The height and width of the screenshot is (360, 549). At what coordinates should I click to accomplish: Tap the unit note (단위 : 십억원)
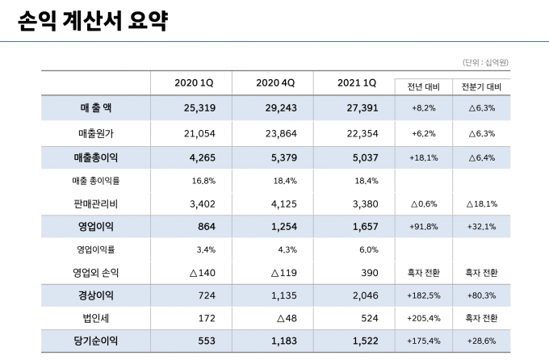(x=491, y=62)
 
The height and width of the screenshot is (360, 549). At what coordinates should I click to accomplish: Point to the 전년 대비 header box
(x=423, y=86)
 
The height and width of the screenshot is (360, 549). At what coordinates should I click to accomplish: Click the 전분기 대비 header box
(x=481, y=86)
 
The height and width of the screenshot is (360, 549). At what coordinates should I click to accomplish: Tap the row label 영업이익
(x=96, y=226)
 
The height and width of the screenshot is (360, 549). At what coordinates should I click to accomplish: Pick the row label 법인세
(x=96, y=319)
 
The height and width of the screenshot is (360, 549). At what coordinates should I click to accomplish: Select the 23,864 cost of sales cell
(x=275, y=133)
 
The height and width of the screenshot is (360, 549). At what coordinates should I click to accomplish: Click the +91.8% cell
(x=423, y=226)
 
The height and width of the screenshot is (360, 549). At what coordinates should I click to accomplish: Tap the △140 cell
(x=194, y=273)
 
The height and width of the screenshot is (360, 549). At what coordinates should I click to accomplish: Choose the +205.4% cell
(x=423, y=319)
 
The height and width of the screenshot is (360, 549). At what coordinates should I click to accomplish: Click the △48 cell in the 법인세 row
(x=275, y=319)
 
